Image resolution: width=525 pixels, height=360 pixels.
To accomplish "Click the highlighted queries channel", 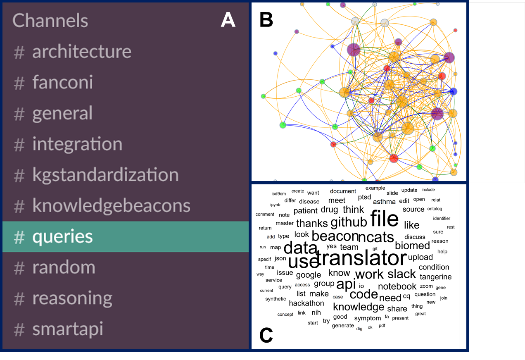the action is coord(126,237).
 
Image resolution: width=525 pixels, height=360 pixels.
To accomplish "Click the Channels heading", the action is coord(50,21).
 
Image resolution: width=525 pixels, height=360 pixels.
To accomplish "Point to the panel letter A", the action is coord(228,20).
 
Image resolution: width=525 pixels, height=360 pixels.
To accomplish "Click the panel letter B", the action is coord(266,19).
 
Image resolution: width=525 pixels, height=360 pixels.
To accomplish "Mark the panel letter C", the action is coord(266,335).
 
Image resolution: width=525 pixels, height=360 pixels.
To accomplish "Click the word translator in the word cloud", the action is coord(361,258).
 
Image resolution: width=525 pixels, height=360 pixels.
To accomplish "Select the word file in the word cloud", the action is coord(385,218).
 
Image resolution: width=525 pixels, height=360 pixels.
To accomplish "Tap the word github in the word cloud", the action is coord(349,222).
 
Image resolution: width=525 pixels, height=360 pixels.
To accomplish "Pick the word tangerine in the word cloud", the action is coord(435,277).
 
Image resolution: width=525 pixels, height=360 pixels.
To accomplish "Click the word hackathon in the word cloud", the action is coord(306,303).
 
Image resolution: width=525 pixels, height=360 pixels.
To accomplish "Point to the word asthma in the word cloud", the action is coord(384,202).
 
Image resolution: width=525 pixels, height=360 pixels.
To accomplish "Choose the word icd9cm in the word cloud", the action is coord(279,194).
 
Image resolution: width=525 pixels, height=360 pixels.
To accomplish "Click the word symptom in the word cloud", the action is coord(368,319).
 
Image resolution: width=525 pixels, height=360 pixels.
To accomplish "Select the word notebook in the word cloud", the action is coord(397,286).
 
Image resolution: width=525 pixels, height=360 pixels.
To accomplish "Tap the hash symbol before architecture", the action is coord(19,52).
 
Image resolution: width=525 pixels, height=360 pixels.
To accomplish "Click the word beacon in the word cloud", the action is coord(335,236).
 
